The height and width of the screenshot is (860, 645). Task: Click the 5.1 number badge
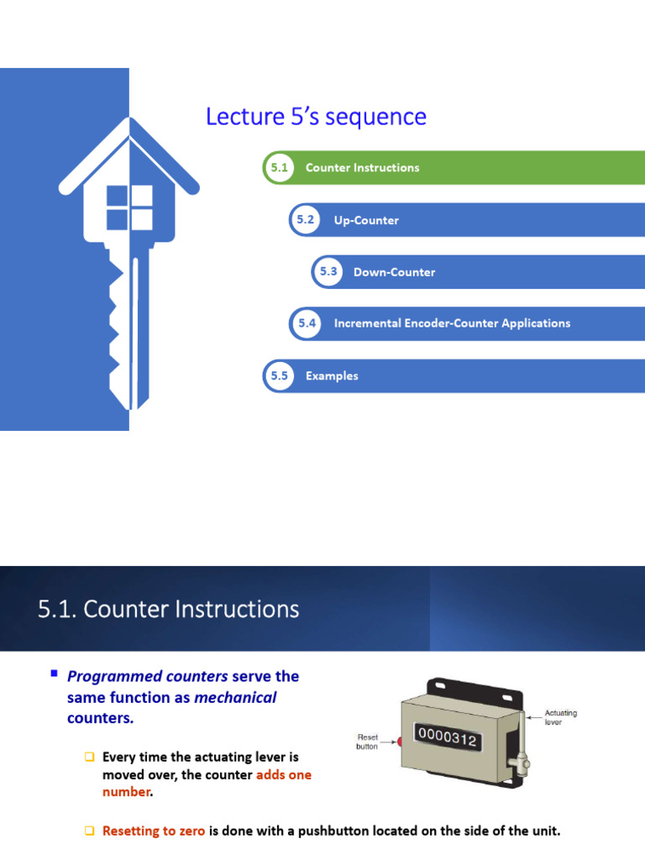(x=279, y=168)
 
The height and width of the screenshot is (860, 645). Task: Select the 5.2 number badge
(x=305, y=220)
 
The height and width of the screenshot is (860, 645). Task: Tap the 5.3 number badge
(x=328, y=271)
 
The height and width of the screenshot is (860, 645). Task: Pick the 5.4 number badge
(x=306, y=323)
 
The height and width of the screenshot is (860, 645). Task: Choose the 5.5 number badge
(x=279, y=376)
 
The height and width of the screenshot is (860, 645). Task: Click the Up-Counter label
(x=366, y=220)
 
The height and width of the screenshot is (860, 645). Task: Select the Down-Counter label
(x=394, y=272)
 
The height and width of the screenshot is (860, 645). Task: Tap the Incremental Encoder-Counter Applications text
(x=451, y=323)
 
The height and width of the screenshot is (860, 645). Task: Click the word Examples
(x=332, y=376)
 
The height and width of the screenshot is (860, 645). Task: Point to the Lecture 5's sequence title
(x=316, y=117)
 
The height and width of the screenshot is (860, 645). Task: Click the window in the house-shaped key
(x=129, y=208)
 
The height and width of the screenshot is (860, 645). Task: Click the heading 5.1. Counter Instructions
(x=168, y=609)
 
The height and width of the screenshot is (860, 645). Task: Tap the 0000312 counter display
(x=448, y=740)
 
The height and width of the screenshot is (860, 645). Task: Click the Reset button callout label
(x=367, y=742)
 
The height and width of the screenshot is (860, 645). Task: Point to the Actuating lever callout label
(x=561, y=717)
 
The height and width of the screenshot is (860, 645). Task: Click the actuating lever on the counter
(x=522, y=739)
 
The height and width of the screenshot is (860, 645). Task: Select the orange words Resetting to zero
(x=154, y=831)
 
